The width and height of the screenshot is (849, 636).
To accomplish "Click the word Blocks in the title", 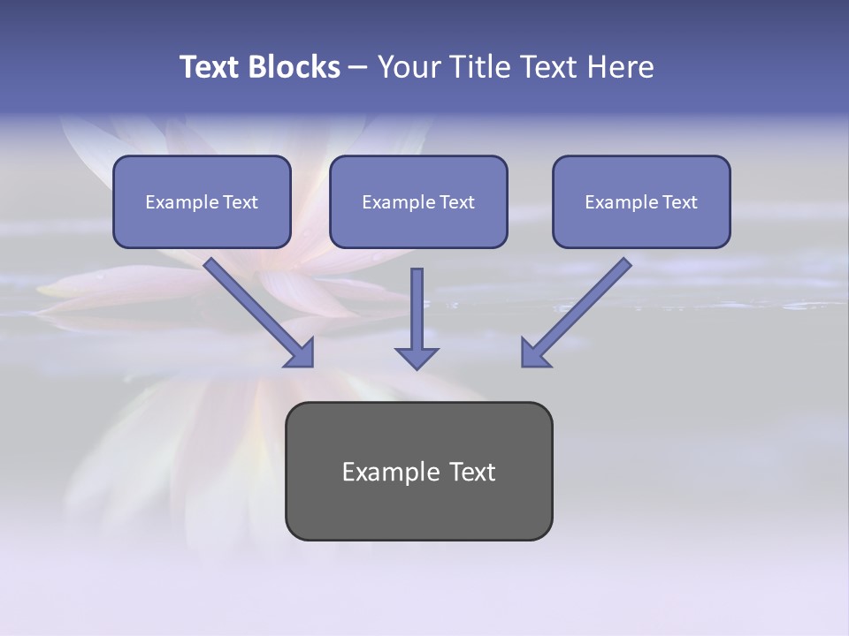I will [295, 67].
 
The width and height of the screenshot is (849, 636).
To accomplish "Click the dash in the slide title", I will [358, 68].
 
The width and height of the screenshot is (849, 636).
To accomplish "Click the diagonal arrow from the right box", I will [584, 305].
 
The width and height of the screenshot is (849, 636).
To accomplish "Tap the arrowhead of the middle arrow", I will [417, 358].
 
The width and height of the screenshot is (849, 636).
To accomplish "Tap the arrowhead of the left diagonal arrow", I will [301, 353].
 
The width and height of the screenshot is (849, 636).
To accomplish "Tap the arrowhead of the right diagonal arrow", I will [534, 353].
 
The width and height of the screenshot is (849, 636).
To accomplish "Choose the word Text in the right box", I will [679, 202].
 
